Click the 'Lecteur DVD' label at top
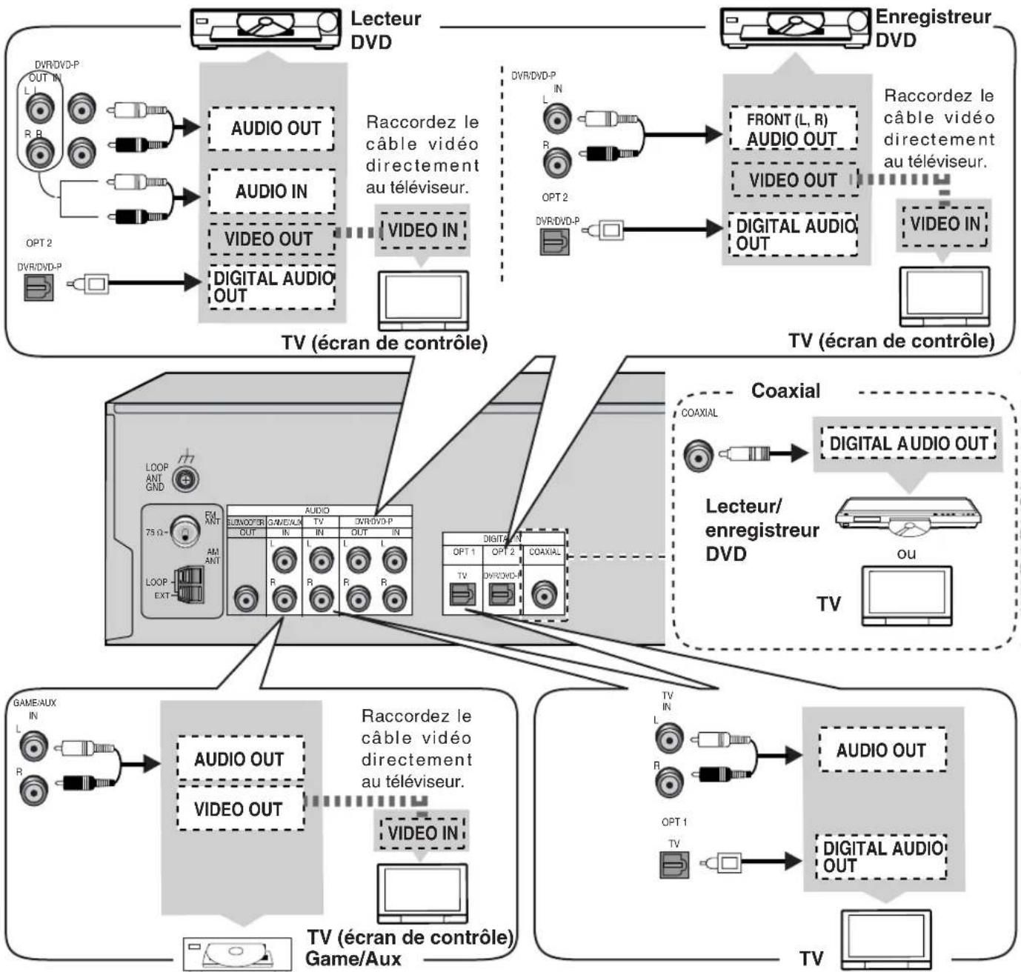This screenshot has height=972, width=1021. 385,30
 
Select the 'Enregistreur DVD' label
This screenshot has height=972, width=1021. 932,28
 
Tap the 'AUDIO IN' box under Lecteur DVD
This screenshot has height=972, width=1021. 271,192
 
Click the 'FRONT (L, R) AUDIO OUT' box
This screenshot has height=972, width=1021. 792,130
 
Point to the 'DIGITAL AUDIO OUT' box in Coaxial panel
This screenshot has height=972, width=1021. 908,444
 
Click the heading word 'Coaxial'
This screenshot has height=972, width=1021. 785,390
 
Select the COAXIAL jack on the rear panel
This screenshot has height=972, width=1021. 545,594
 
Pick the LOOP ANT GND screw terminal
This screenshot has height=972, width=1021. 185,480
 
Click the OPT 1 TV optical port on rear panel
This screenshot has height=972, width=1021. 462,594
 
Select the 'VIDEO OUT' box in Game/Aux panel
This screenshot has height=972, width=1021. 239,809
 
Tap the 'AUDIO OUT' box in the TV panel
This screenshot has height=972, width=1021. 881,750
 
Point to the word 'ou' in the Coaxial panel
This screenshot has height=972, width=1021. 906,553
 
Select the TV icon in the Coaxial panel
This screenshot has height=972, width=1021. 906,596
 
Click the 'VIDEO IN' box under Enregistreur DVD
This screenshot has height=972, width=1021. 945,224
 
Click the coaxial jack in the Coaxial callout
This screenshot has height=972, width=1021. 698,455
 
